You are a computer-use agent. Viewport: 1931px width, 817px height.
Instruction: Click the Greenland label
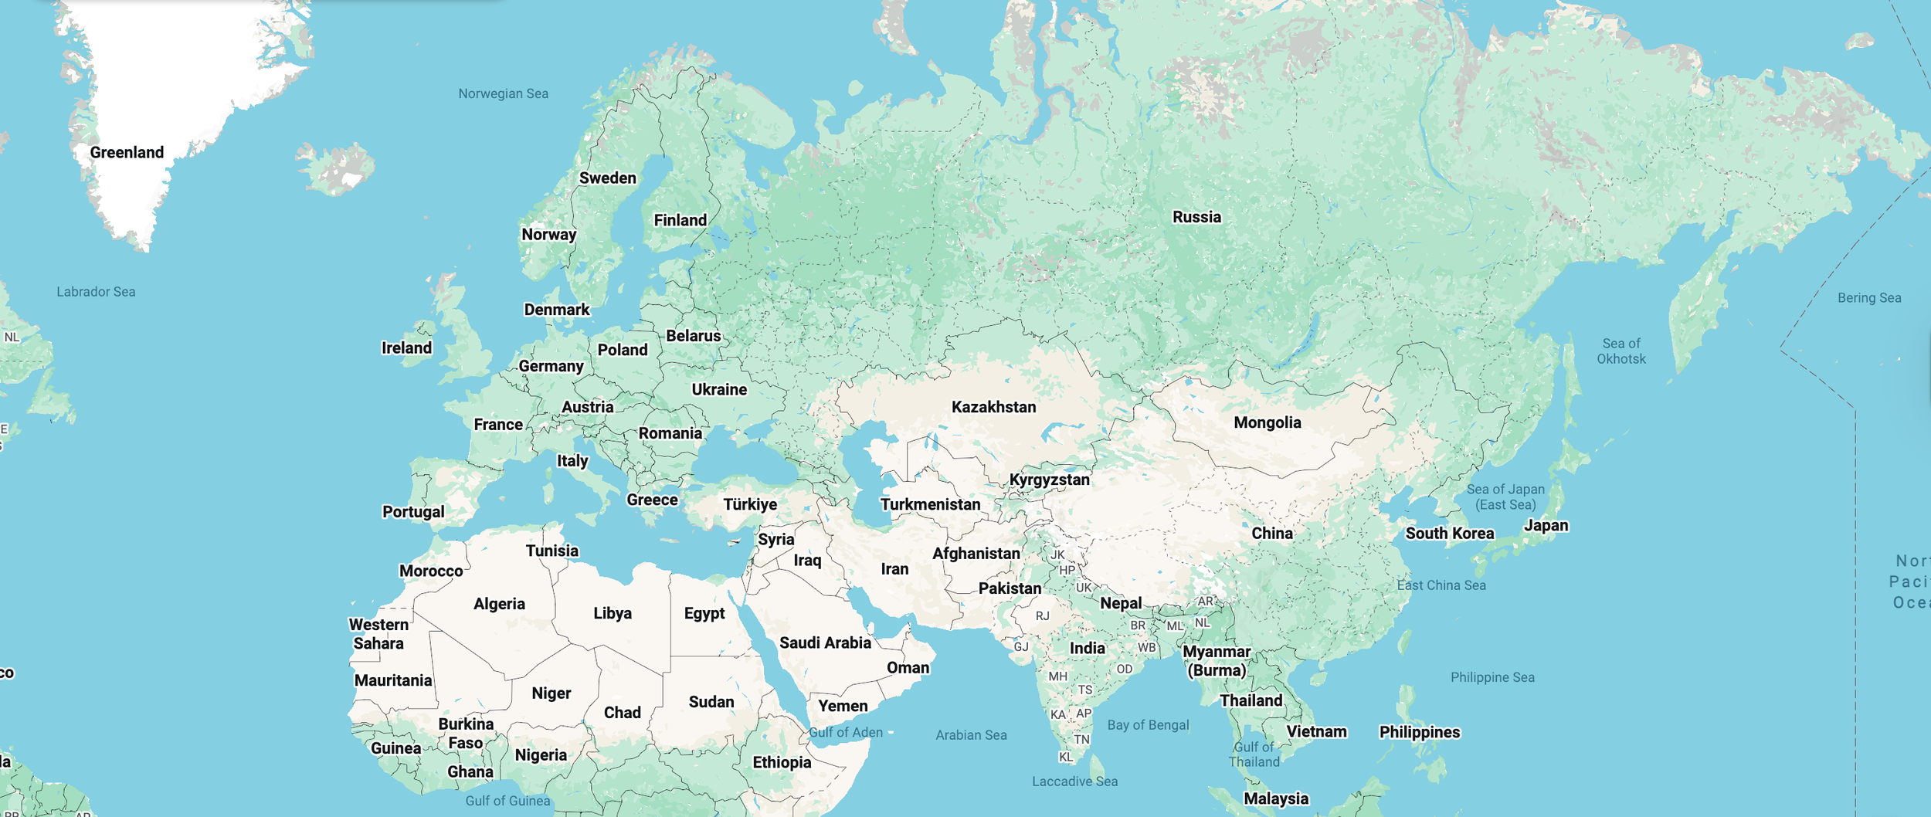point(127,152)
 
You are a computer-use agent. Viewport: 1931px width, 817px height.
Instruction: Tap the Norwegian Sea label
point(503,93)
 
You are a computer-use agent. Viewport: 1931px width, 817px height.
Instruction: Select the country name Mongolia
point(1267,422)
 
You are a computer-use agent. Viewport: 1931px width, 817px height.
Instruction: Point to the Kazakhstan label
point(993,407)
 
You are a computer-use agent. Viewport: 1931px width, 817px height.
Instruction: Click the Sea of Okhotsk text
point(1620,351)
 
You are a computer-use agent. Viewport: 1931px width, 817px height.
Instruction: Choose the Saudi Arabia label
point(824,642)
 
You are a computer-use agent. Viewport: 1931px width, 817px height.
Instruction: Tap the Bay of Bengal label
point(1148,724)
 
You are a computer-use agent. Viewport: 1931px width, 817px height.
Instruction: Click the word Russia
point(1196,217)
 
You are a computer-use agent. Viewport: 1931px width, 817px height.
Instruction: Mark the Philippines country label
point(1419,732)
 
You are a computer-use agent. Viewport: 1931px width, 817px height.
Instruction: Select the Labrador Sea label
point(96,292)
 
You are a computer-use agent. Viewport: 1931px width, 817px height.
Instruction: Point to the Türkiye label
point(749,504)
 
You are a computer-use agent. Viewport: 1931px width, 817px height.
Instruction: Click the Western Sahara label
point(378,634)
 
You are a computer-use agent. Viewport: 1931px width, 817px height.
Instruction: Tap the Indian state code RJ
point(1043,616)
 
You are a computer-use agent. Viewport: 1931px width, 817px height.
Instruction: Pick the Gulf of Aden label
point(845,732)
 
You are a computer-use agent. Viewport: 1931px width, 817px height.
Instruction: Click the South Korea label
point(1449,534)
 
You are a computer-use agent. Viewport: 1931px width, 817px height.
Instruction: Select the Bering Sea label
point(1869,298)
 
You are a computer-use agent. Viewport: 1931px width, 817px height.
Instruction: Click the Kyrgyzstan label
point(1049,480)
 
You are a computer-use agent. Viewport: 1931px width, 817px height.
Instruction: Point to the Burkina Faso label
point(465,734)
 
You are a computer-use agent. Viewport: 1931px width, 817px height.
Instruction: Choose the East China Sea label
point(1441,585)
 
